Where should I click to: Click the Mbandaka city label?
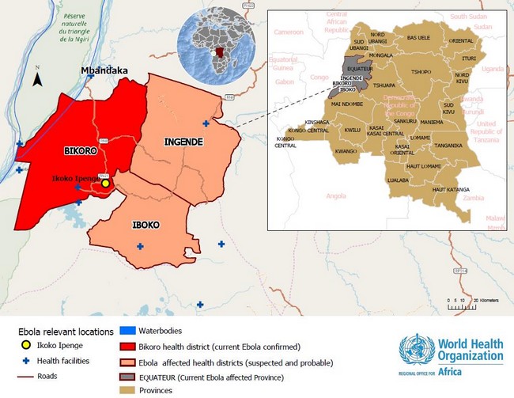[x=104, y=70]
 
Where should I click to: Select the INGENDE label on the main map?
[x=183, y=142]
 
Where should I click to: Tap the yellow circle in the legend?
[x=26, y=346]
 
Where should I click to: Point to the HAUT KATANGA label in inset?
[x=450, y=190]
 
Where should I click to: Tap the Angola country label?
[x=336, y=195]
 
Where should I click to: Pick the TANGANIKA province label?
[x=448, y=145]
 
